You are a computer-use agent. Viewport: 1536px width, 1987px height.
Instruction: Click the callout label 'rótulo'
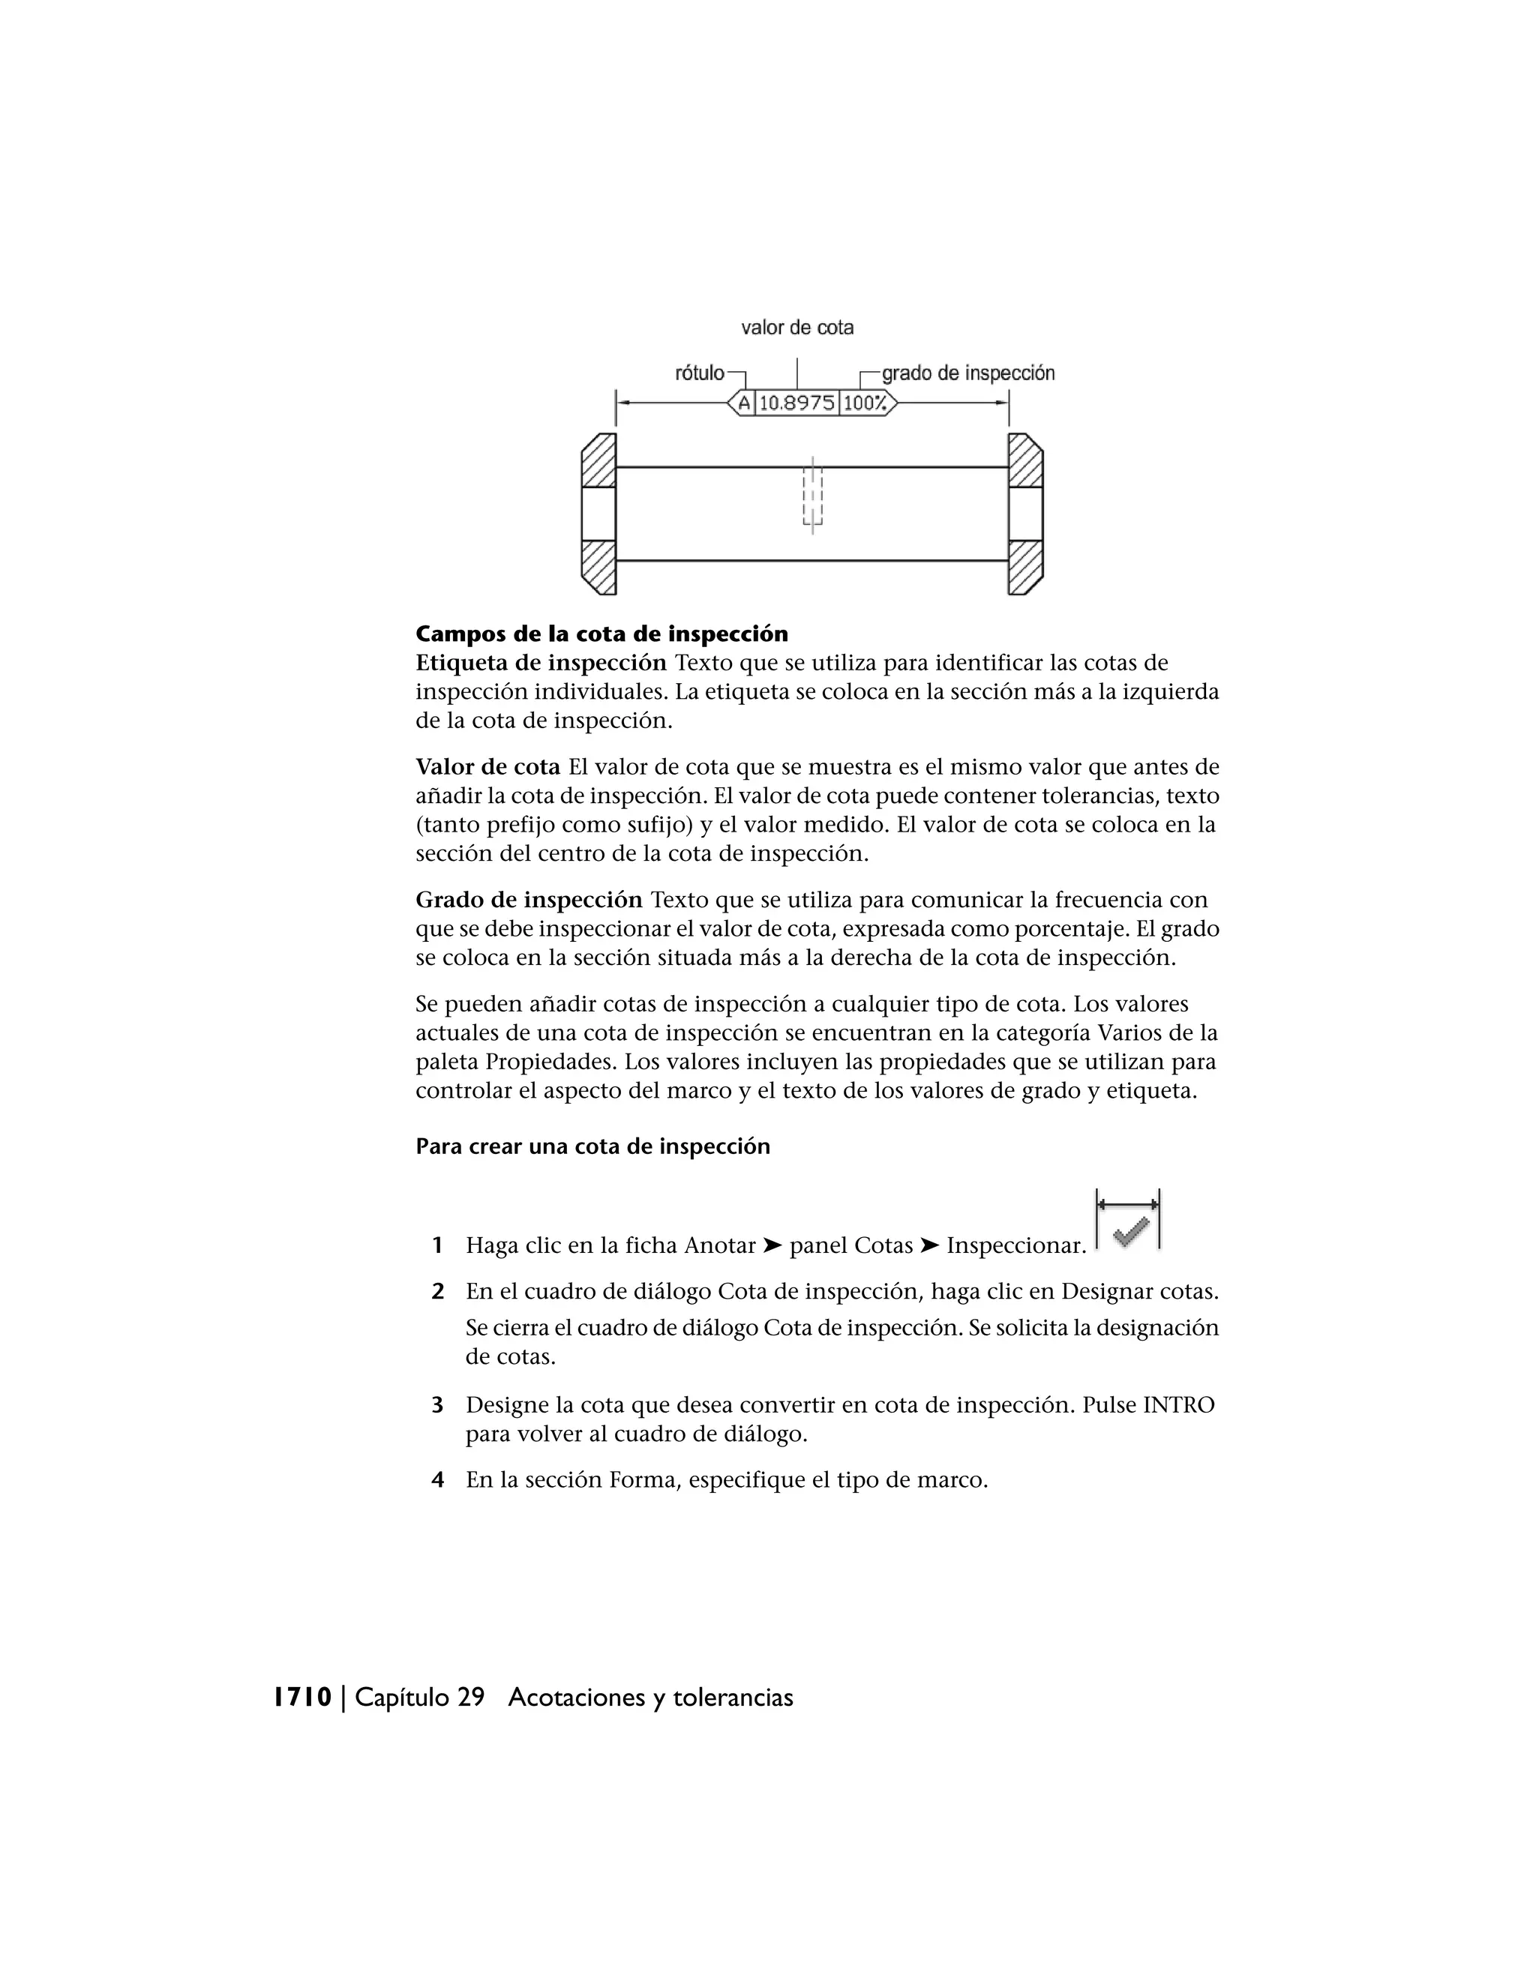pyautogui.click(x=699, y=373)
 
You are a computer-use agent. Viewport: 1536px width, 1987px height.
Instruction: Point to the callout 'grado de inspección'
pyautogui.click(x=967, y=373)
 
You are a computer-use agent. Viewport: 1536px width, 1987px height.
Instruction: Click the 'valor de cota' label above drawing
pyautogui.click(x=797, y=328)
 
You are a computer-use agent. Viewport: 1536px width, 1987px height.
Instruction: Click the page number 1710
pyautogui.click(x=303, y=1698)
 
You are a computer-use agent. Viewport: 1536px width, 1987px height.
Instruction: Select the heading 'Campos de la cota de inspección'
pyautogui.click(x=601, y=634)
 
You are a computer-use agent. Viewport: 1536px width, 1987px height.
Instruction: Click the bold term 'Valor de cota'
pyautogui.click(x=487, y=767)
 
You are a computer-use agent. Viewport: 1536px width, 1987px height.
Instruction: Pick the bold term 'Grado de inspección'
pyautogui.click(x=529, y=901)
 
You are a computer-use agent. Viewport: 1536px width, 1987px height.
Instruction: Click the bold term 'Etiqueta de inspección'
pyautogui.click(x=541, y=664)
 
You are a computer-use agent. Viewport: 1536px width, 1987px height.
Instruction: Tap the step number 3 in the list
pyautogui.click(x=438, y=1406)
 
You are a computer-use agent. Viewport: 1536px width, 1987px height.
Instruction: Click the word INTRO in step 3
pyautogui.click(x=1178, y=1406)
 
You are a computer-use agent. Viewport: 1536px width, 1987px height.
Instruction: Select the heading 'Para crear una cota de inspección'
pyautogui.click(x=592, y=1146)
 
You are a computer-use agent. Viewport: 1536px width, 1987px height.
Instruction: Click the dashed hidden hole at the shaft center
pyautogui.click(x=811, y=496)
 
